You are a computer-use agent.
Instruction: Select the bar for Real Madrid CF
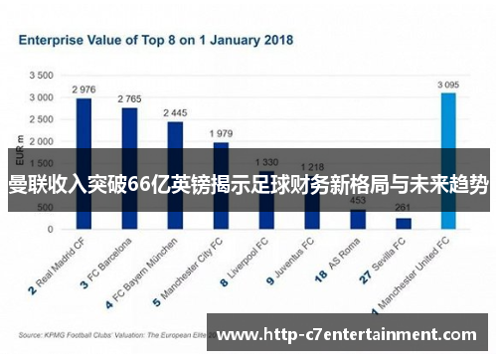coord(83,129)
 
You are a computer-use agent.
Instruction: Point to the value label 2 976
coord(83,90)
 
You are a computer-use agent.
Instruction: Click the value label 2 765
coord(129,99)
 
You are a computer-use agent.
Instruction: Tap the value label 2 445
coord(175,113)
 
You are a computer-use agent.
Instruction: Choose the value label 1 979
coord(221,133)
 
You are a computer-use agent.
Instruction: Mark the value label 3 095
coord(448,85)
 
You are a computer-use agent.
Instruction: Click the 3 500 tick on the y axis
coord(41,76)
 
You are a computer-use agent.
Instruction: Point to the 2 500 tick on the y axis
coord(41,119)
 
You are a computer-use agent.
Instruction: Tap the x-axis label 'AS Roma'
coord(344,258)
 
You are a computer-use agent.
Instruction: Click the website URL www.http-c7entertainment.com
coord(353,334)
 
